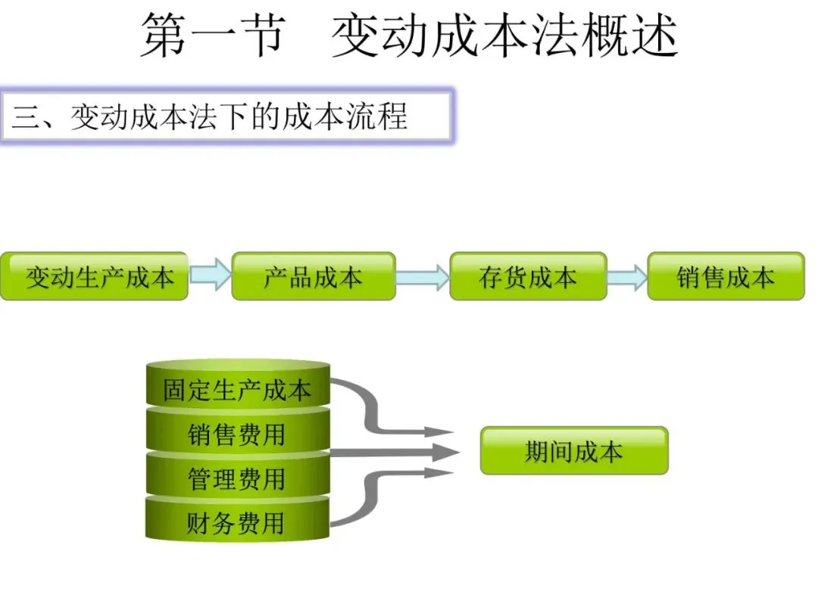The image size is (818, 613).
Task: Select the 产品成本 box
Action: (313, 276)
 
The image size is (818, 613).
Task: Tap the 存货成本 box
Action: (528, 276)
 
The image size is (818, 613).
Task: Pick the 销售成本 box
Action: (725, 276)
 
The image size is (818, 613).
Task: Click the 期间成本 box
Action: (574, 451)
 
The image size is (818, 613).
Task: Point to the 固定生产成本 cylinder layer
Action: (237, 390)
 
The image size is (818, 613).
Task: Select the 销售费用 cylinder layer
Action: (237, 434)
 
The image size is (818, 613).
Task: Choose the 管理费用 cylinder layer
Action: (237, 478)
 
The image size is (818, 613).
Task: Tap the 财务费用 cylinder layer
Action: (237, 522)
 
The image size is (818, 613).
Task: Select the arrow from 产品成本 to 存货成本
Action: (423, 276)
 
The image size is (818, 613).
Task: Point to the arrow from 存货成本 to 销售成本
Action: (627, 277)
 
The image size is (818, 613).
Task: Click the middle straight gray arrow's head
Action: (447, 453)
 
